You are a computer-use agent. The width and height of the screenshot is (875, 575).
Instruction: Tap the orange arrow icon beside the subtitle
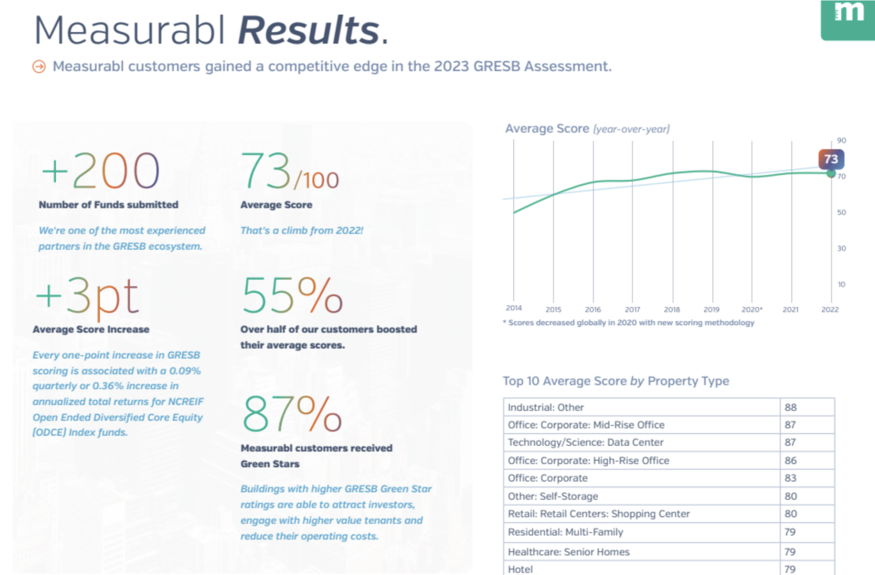39,67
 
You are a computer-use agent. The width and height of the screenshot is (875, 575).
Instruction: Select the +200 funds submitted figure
101,171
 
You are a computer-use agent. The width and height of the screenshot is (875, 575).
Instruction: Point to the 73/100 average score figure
289,172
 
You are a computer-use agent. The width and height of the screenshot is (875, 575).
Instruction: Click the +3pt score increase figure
87,296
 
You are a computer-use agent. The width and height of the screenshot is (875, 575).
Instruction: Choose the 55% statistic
292,295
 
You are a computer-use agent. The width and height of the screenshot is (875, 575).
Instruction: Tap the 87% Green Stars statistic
292,414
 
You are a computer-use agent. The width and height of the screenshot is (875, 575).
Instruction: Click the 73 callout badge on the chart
831,159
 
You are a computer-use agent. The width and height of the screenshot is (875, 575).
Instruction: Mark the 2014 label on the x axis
514,308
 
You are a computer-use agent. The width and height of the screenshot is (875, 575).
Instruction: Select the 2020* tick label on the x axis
751,310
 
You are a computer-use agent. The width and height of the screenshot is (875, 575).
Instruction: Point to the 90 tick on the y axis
841,141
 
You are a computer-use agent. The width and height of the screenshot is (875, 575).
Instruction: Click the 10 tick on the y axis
841,285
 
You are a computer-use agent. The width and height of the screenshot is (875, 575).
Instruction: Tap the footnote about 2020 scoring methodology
629,323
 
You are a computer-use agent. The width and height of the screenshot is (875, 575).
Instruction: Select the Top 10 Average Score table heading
616,381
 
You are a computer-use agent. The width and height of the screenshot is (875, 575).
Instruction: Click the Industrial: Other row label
546,408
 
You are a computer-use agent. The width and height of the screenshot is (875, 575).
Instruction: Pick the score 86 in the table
791,461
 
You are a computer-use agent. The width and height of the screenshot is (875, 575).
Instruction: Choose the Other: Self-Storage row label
553,496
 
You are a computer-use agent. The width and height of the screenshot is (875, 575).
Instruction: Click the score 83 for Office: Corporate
791,478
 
